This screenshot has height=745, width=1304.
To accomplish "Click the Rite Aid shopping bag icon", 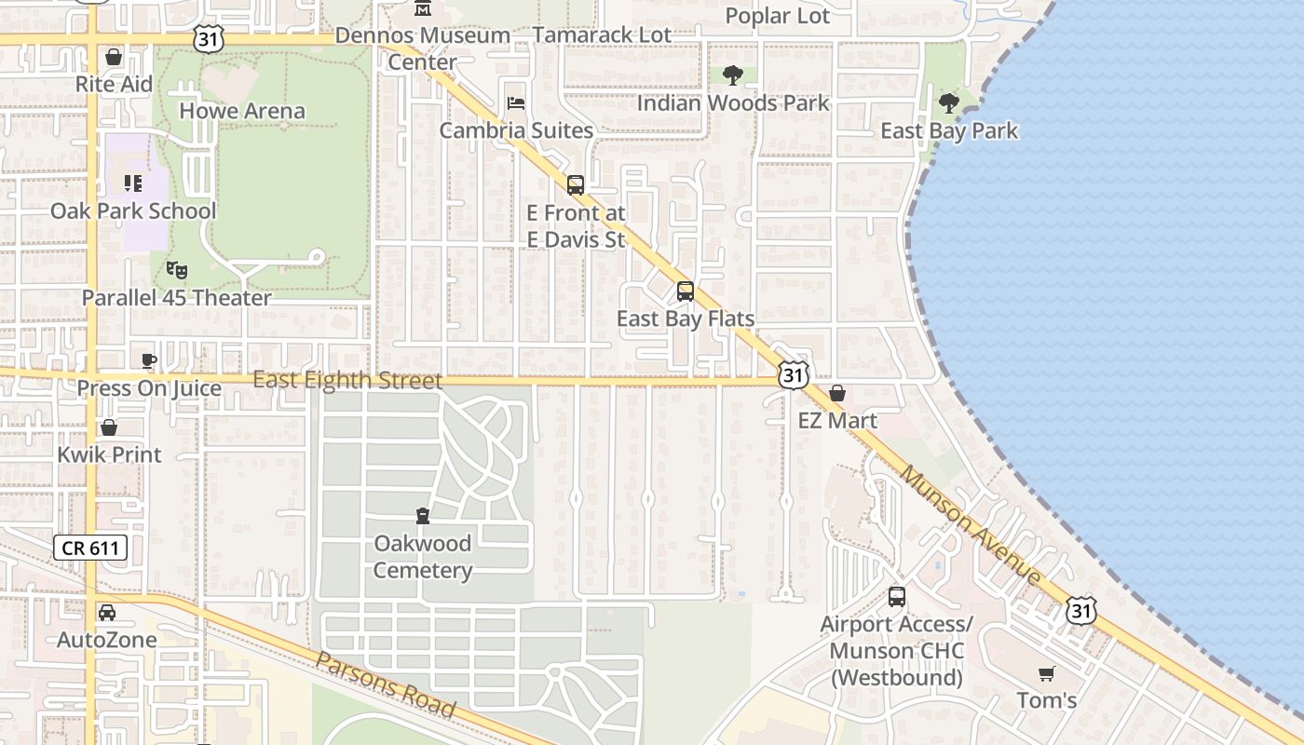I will click(114, 58).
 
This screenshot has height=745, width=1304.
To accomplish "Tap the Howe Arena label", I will click(241, 111).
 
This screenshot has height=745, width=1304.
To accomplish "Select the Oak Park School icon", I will click(133, 183).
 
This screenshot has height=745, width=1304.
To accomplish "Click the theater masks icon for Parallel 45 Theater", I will click(177, 271).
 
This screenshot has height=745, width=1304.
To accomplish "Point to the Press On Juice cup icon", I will click(149, 360).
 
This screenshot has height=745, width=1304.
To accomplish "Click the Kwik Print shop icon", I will click(109, 427).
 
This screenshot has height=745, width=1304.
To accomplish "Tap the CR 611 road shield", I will click(90, 548).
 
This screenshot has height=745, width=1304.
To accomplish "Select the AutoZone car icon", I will click(107, 613).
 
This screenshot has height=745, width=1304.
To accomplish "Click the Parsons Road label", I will click(386, 684).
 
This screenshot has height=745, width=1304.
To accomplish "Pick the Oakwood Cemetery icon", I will click(422, 516).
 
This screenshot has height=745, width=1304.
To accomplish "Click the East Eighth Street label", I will click(347, 380).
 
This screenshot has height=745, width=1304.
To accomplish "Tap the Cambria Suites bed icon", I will click(515, 102).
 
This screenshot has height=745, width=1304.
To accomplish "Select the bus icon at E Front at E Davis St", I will click(576, 185).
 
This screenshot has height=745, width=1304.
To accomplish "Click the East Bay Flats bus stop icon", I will click(686, 291).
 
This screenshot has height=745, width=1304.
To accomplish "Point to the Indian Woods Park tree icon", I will click(733, 75).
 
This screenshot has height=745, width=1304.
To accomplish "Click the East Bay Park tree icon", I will click(949, 103).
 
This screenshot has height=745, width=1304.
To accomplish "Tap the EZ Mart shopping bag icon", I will click(837, 393).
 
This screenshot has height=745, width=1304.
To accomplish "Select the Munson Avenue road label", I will click(971, 526).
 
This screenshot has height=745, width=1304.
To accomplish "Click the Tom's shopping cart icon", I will click(1047, 673).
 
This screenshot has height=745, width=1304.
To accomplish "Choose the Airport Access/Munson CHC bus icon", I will click(897, 597).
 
